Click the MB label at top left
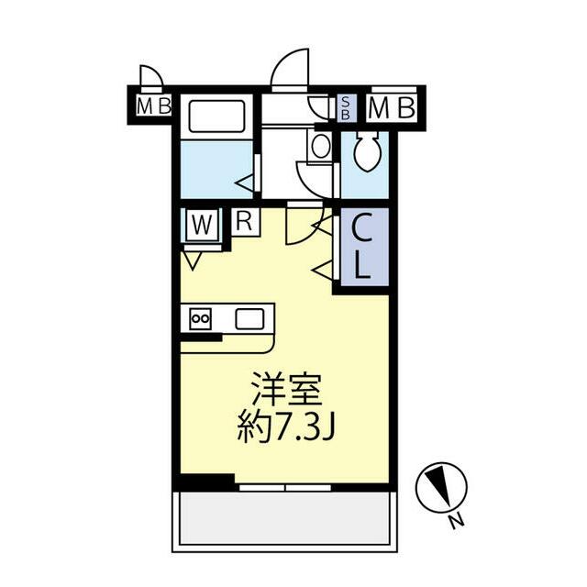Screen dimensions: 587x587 [153, 105]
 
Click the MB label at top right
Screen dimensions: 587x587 [393, 108]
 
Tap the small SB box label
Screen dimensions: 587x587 [346, 107]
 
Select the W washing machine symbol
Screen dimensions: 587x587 [202, 223]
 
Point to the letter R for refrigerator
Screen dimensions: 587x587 [245, 220]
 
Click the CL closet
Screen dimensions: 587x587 [362, 248]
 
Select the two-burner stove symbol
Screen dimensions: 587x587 [200, 318]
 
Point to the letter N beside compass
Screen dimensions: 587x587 [454, 523]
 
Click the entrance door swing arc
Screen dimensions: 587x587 [289, 68]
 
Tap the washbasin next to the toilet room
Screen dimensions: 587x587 [320, 146]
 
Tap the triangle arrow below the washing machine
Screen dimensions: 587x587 [192, 261]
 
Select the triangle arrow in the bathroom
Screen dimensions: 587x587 [245, 183]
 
